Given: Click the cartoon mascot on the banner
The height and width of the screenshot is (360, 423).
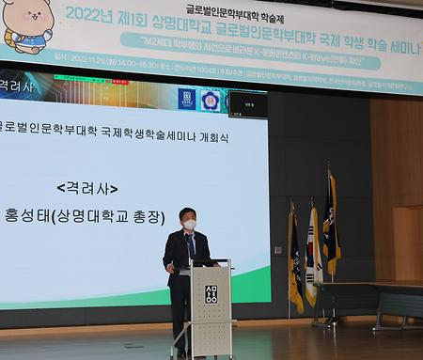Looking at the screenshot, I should click(x=26, y=24).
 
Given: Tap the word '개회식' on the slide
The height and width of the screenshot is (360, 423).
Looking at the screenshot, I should click(x=209, y=137).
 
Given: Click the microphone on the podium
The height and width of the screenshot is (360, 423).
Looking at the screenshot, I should click(x=192, y=243).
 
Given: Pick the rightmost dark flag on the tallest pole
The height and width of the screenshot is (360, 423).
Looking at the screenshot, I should click(x=331, y=226).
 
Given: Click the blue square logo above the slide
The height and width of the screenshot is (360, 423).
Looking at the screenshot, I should click(x=187, y=100).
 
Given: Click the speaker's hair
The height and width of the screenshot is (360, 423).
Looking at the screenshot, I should click(x=189, y=213).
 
